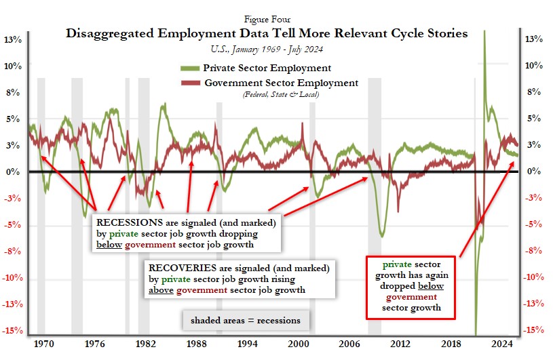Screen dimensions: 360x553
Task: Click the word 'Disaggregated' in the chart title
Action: (109, 33)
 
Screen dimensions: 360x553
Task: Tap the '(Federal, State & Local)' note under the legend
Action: (280, 94)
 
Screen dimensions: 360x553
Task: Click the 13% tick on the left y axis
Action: (14, 39)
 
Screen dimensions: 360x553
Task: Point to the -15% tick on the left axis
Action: (14, 331)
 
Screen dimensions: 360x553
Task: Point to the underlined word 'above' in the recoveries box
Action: (161, 290)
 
